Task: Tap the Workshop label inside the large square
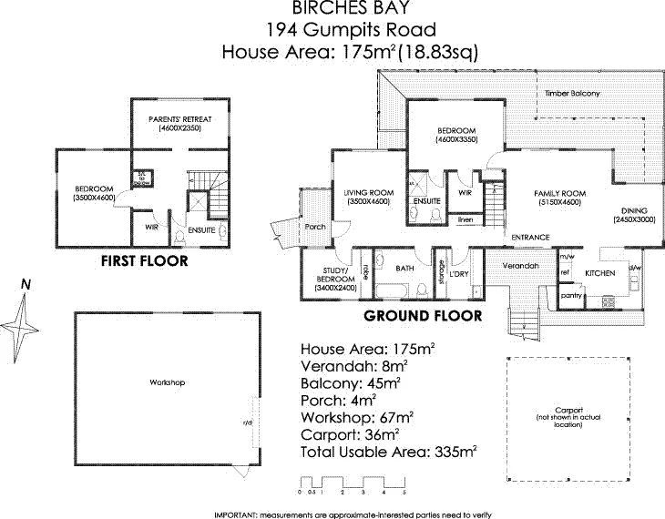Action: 167,382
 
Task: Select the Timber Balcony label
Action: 566,94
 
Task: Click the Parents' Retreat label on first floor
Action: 179,119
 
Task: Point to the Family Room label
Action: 558,194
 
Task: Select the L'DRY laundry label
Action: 458,274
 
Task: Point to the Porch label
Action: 315,227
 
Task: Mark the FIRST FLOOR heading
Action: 146,261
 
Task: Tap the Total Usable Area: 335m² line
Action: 390,450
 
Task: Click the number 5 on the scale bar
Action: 404,491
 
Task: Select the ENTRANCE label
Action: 530,238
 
